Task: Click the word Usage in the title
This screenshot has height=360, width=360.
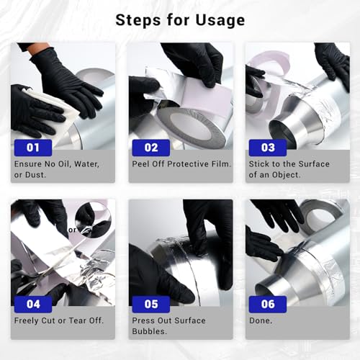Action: click(220, 20)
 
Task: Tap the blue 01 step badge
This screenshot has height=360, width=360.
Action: click(33, 148)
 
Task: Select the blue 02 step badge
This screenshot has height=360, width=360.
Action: click(151, 148)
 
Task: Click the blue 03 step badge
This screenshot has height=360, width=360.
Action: click(268, 148)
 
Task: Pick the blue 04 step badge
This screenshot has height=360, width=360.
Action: click(33, 305)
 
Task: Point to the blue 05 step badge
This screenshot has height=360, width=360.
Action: click(151, 305)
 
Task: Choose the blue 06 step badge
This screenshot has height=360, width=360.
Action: click(268, 305)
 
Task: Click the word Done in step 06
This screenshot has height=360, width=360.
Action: click(260, 320)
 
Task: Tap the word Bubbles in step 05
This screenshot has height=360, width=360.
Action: click(148, 331)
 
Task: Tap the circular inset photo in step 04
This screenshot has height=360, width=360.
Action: click(93, 220)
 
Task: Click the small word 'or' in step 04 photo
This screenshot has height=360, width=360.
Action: click(72, 230)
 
